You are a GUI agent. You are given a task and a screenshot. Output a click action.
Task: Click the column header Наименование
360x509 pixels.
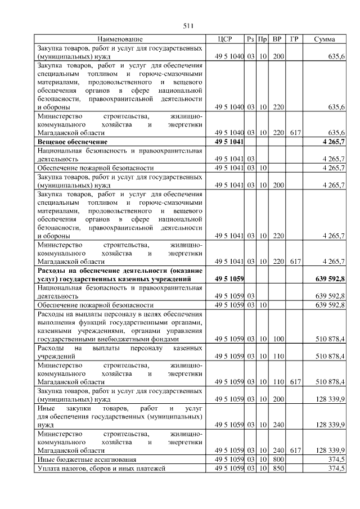coord(120,39)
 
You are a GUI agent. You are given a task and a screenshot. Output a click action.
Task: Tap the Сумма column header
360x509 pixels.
coord(325,39)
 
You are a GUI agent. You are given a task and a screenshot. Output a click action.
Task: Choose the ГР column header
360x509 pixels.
coord(294,39)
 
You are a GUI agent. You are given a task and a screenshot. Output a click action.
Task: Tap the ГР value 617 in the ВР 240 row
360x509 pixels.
coord(294,451)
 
